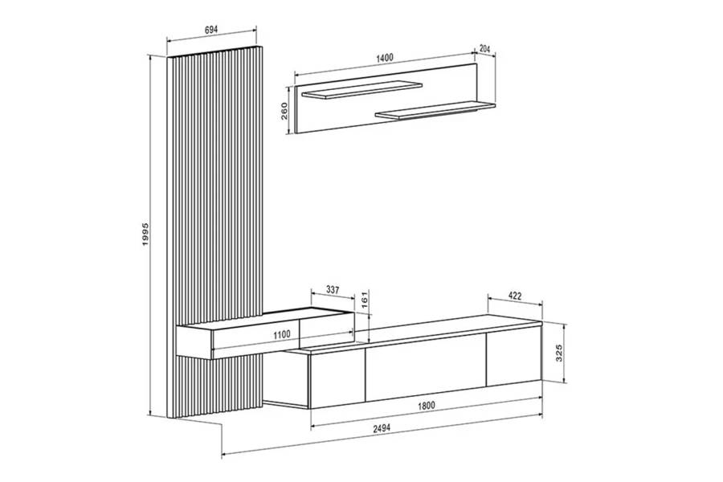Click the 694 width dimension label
point(210,30)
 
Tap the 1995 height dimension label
point(146,234)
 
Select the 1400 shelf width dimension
point(385,58)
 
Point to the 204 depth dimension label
point(484,48)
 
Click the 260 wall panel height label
point(284,111)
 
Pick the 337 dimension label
point(333,290)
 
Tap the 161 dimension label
point(364,300)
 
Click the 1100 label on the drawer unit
point(282,334)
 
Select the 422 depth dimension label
point(515,296)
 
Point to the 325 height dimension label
point(560,353)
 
